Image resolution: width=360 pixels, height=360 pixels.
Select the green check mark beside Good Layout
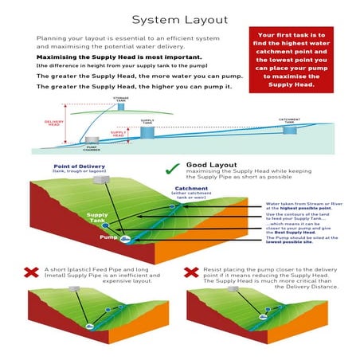pyautogui.click(x=171, y=169)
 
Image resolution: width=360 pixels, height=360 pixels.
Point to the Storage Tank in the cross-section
pyautogui.click(x=120, y=105)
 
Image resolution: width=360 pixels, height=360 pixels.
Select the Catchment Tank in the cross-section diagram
pyautogui.click(x=290, y=127)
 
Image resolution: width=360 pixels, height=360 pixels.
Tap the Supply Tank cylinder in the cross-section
pyautogui.click(x=147, y=131)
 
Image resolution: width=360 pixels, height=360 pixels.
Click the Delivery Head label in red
pyautogui.click(x=54, y=123)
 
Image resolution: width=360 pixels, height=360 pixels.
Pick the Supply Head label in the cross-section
pyautogui.click(x=118, y=135)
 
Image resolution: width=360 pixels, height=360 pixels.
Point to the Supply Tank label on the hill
pyautogui.click(x=97, y=217)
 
